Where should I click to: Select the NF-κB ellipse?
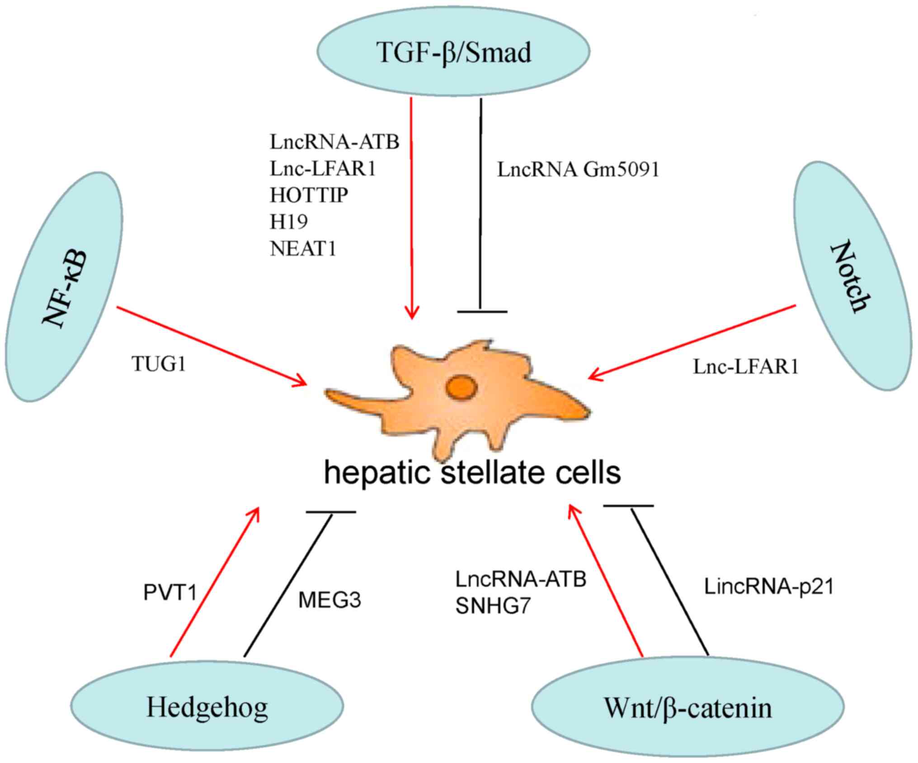coord(64,287)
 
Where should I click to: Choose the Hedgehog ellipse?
coord(207,707)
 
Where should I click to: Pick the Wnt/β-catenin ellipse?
coord(687,708)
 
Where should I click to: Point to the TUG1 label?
coord(159,363)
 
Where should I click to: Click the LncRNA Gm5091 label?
coord(578,170)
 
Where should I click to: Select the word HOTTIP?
coord(309,195)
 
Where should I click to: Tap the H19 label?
coord(289,222)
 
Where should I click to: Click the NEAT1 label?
coord(303,249)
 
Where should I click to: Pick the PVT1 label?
coord(170,593)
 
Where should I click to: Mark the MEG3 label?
coord(330,600)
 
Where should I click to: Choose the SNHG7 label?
coord(492,606)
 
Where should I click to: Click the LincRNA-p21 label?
coord(769,587)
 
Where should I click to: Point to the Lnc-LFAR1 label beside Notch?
coord(746,367)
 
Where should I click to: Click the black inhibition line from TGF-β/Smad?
coord(481,205)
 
